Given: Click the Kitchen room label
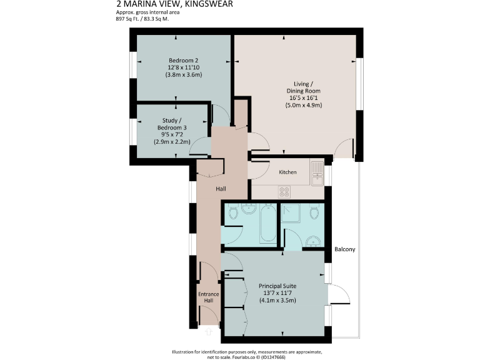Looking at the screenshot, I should tap(288, 172).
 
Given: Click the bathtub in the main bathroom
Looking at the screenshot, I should tap(266, 222).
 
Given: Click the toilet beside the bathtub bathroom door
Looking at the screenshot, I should tap(234, 213).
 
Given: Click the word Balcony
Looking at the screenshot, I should tap(345, 249).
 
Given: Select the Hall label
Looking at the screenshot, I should tap(221, 189).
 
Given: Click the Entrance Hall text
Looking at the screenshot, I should tap(209, 297).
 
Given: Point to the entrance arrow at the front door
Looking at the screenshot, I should tap(209, 332).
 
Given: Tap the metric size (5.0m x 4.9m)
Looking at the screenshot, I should tap(304, 105).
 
